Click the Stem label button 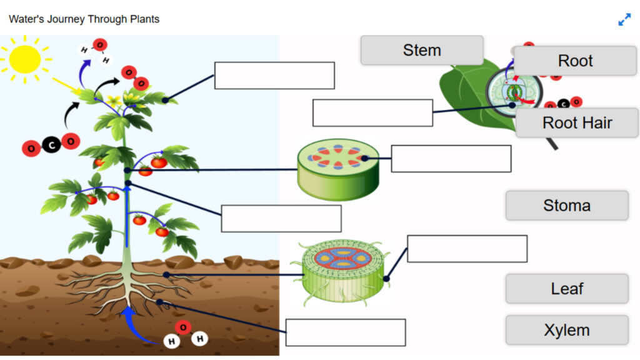click(x=422, y=50)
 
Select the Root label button click(x=575, y=61)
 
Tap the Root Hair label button click(x=577, y=122)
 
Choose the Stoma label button click(x=566, y=206)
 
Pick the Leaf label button click(x=566, y=289)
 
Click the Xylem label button click(x=566, y=330)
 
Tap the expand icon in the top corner click(x=624, y=19)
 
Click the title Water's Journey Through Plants click(x=84, y=19)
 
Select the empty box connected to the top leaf click(x=274, y=76)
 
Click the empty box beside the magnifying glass click(x=372, y=112)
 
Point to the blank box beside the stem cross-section click(x=451, y=159)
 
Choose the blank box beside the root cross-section click(x=467, y=249)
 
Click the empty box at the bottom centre click(x=345, y=332)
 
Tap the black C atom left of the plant click(x=51, y=146)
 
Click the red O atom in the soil click(x=183, y=327)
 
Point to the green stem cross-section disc click(x=338, y=169)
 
